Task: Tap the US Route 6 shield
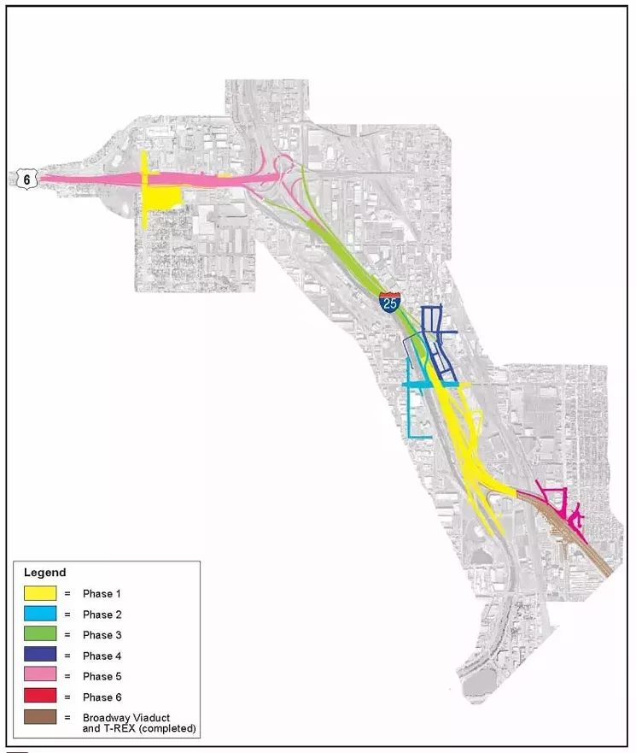coord(26,178)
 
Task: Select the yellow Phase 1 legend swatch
coord(40,592)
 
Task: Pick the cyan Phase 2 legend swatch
coord(40,614)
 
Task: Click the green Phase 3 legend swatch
coord(40,634)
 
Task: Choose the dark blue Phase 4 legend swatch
coord(40,656)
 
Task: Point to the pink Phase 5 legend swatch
coord(40,676)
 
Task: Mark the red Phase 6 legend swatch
coord(40,697)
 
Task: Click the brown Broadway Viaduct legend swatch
coord(40,718)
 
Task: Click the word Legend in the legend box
coord(44,572)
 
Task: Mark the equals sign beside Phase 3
coord(67,635)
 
